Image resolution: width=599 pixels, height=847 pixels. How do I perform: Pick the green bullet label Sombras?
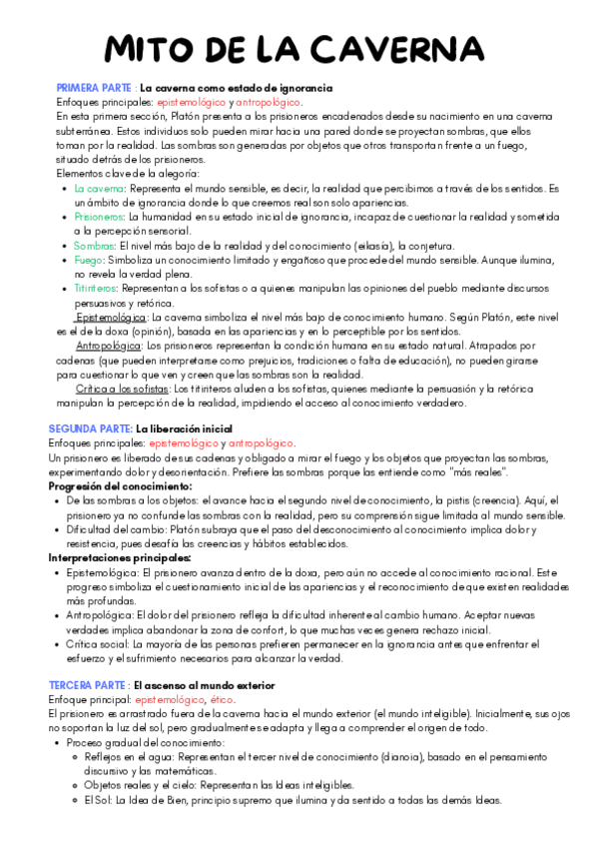click(x=94, y=246)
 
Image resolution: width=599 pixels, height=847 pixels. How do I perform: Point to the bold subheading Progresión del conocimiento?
click(x=120, y=485)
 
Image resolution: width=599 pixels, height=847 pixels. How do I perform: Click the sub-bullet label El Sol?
click(x=97, y=800)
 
